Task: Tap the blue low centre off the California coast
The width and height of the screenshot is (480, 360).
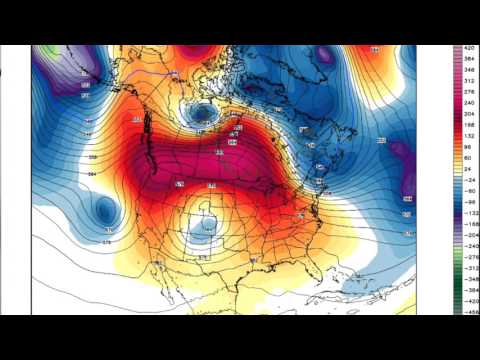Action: tap(103, 209)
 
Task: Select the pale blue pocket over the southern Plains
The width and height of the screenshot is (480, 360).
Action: tap(205, 224)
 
